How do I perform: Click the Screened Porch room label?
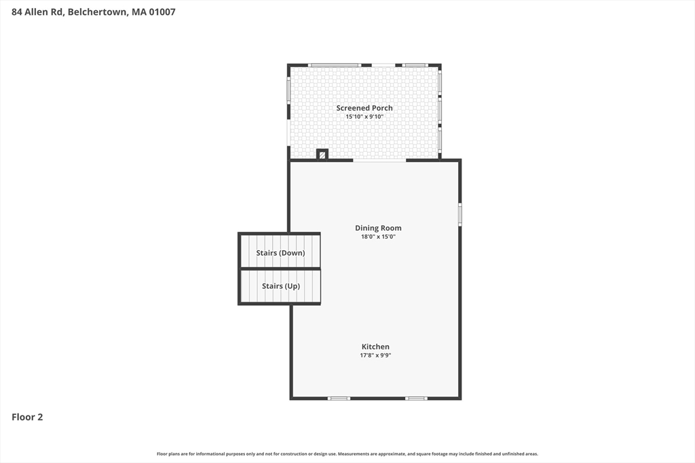[364, 108]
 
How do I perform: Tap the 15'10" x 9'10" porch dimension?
[364, 117]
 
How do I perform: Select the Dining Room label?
[378, 228]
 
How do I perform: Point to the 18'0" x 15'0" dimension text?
[378, 237]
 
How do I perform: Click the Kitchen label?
[375, 346]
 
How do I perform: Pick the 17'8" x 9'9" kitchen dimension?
[375, 355]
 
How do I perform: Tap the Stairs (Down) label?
[280, 253]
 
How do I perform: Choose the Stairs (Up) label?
[281, 286]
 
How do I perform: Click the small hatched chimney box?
[322, 155]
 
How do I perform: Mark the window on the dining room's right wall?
[459, 214]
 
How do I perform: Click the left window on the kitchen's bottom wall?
[339, 398]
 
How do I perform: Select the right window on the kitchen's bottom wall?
[416, 398]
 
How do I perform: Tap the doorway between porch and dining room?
[379, 161]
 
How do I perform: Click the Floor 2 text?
[27, 417]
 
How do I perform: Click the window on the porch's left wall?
[288, 90]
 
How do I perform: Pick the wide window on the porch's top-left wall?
[334, 65]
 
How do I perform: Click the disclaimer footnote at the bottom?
[347, 454]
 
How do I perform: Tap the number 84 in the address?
[18, 12]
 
